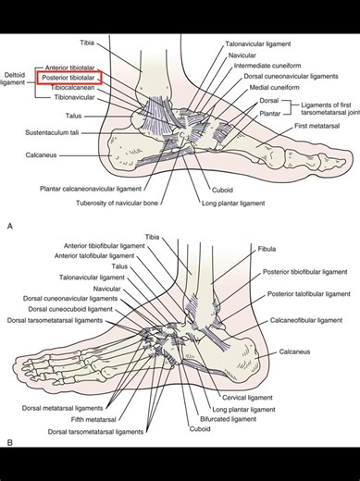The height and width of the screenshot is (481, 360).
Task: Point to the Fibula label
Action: [274, 249]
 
